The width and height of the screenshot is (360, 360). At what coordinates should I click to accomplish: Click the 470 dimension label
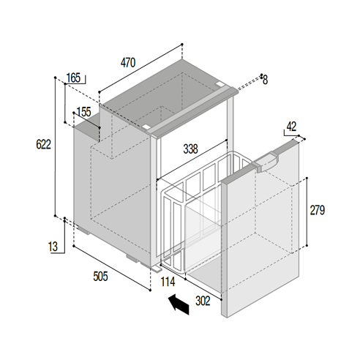[x=128, y=63]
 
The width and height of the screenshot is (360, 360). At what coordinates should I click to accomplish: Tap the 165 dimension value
[x=73, y=78]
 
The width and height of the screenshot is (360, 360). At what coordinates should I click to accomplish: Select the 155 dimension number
[x=83, y=112]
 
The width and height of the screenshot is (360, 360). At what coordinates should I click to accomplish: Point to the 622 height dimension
[x=43, y=144]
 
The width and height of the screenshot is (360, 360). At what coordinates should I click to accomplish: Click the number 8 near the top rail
[x=265, y=80]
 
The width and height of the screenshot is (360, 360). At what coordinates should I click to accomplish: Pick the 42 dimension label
[x=291, y=127]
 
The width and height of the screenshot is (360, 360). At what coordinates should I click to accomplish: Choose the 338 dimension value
[x=190, y=149]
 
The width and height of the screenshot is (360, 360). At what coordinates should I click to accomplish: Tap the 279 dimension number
[x=318, y=210]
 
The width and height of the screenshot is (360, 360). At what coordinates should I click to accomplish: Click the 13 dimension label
[x=53, y=247]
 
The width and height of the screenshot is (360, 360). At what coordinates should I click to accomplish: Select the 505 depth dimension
[x=100, y=277]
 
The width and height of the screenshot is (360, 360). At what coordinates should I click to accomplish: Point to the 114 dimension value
[x=168, y=282]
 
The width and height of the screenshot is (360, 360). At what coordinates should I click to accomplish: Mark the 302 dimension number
[x=203, y=301]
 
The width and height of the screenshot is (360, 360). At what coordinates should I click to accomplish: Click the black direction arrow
[x=179, y=304]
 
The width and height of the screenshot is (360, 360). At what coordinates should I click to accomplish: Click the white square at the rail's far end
[x=219, y=84]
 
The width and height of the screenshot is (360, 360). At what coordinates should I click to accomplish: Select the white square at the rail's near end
[x=146, y=127]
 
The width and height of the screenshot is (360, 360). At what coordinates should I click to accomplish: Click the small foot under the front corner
[x=156, y=269]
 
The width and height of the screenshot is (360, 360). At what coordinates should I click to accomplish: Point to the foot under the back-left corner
[x=83, y=230]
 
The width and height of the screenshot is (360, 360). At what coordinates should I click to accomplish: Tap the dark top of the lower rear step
[x=87, y=129]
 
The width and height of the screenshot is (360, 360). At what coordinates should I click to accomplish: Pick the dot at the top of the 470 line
[x=182, y=45]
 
